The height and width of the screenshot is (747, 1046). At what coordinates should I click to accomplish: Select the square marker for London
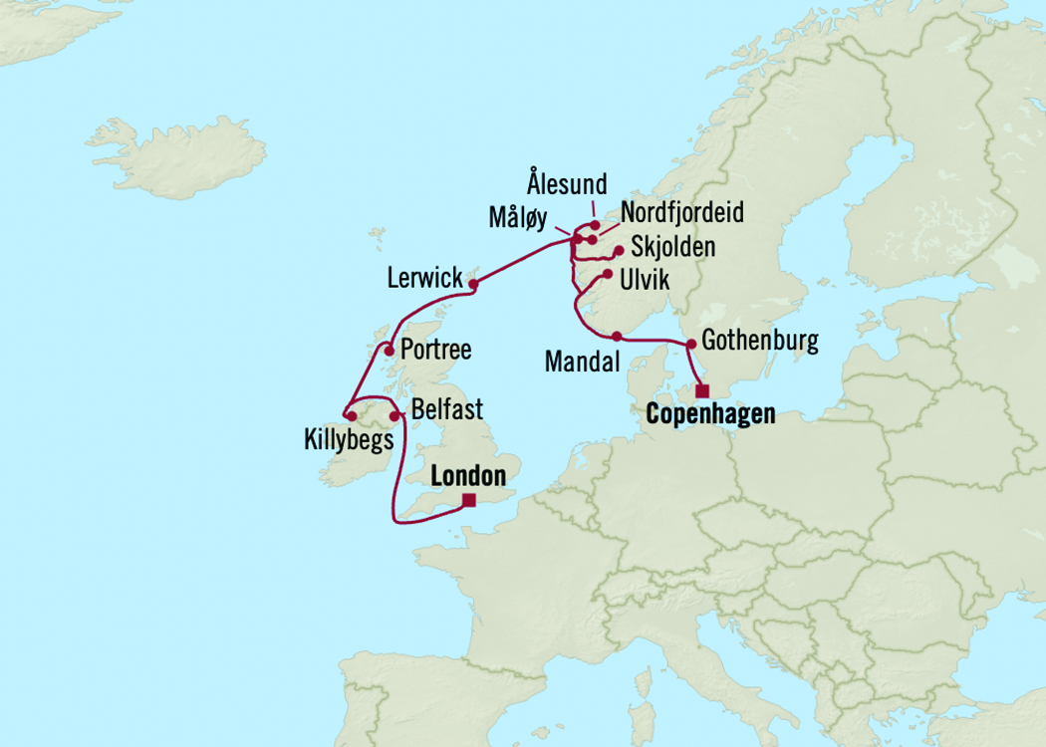470,501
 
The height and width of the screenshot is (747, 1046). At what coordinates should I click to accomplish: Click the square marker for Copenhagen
702,390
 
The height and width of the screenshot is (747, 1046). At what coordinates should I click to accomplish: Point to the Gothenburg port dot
690,344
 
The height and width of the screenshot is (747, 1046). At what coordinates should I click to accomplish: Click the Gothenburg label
760,341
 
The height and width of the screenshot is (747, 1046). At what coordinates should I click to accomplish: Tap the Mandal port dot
617,336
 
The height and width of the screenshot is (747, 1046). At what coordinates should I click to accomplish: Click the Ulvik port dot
607,273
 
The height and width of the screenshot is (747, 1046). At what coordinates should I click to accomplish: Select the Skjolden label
672,247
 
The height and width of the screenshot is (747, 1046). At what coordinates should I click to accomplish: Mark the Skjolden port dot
619,251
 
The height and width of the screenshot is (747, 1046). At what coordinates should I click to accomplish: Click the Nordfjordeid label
681,213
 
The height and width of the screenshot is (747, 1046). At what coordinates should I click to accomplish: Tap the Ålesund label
567,184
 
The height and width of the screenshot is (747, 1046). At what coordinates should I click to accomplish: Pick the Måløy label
517,216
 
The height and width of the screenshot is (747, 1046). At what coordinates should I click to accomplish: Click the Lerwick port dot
473,284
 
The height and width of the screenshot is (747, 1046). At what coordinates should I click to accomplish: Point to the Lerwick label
425,278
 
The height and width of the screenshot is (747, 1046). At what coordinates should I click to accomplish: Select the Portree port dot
389,350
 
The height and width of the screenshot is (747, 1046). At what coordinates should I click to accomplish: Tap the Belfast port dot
393,414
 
